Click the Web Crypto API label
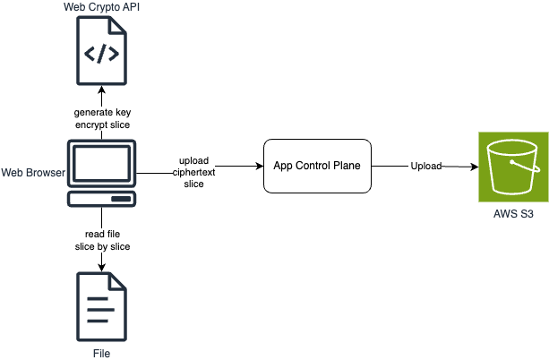pos(101,8)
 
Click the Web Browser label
pos(33,171)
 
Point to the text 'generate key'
pos(102,112)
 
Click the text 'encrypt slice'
pos(102,124)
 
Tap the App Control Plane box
pos(318,166)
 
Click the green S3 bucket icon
pos(510,166)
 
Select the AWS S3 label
pos(510,215)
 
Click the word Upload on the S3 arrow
pos(426,167)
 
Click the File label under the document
pos(102,353)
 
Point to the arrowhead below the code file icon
pos(102,90)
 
